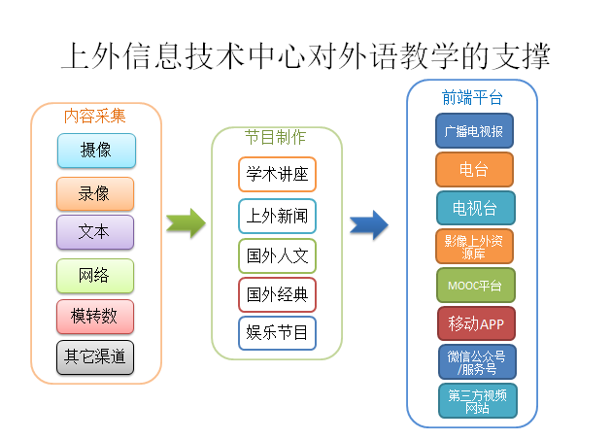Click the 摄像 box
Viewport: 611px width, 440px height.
pos(95,151)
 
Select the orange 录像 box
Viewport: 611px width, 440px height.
pos(95,193)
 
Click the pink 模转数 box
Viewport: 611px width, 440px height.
pos(95,316)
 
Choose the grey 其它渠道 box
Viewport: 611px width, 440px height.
pos(95,356)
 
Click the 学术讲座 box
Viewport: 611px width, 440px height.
pos(277,175)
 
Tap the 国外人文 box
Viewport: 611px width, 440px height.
pos(277,255)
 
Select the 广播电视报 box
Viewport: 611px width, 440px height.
pos(474,130)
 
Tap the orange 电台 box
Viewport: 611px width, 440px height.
pos(474,169)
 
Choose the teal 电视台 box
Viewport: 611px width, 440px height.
pos(474,208)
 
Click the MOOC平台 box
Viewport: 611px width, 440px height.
pos(474,286)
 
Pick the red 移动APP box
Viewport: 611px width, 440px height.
pos(474,322)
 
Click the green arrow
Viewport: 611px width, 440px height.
pos(186,222)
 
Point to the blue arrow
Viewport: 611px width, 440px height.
pos(369,224)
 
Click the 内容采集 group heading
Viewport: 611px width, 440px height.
pos(95,116)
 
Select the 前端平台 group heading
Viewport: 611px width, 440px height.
pos(472,96)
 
